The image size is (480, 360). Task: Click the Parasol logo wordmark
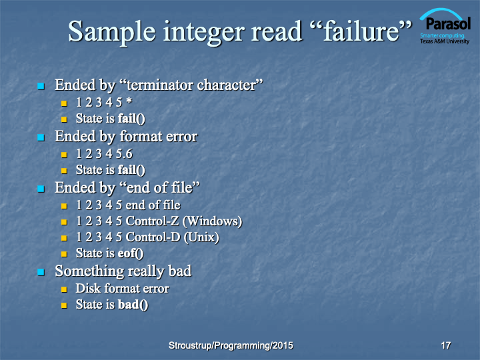click(448, 23)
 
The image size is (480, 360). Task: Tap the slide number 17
click(446, 345)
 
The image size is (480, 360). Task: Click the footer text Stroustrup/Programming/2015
click(231, 345)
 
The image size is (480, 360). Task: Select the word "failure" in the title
click(361, 31)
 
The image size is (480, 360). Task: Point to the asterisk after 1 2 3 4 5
click(129, 101)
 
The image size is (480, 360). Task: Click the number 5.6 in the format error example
click(124, 154)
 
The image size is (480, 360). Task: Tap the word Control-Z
click(152, 221)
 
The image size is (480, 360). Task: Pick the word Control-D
click(153, 237)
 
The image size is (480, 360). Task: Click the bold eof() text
click(131, 253)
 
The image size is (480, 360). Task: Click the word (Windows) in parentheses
click(212, 221)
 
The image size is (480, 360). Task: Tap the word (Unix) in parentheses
click(201, 237)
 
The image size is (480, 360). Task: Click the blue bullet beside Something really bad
click(41, 272)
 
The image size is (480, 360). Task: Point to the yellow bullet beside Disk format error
click(64, 289)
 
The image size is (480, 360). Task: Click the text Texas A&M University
click(445, 41)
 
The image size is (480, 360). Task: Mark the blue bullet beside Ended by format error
click(41, 137)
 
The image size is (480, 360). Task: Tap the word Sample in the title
click(112, 32)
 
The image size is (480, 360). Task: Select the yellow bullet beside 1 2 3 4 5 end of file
click(64, 206)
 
